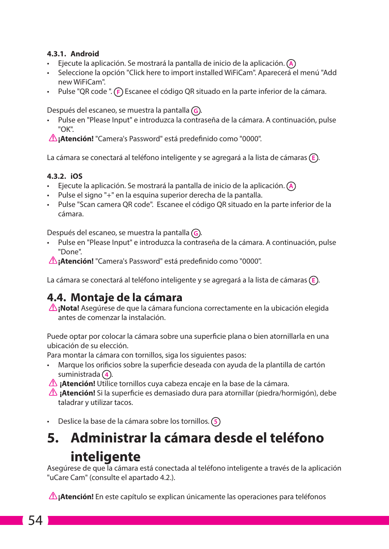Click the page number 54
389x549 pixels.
tap(35, 520)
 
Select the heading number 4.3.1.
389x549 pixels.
tap(56, 54)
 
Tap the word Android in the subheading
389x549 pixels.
tap(85, 54)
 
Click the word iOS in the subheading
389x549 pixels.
tap(77, 176)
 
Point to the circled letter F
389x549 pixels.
tap(118, 92)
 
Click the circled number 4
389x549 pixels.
tap(106, 375)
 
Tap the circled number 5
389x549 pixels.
tap(216, 422)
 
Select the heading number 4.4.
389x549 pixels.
tap(56, 298)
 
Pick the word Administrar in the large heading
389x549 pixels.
tap(108, 438)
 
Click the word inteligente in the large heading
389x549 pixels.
tap(105, 457)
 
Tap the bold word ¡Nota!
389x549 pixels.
tap(69, 308)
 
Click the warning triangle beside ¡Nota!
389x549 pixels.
tap(53, 307)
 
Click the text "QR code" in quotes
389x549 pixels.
tap(94, 91)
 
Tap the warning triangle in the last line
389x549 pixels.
tap(53, 496)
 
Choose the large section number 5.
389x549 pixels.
tap(53, 438)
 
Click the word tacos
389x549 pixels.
tap(124, 402)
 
